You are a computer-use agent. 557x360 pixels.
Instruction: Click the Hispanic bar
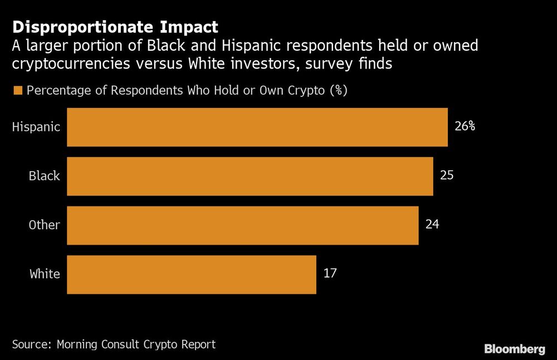tap(257, 127)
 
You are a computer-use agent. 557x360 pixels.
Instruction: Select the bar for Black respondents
tap(250, 176)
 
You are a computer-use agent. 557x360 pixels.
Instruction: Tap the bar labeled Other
tap(243, 225)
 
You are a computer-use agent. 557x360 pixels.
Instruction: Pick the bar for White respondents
tap(192, 274)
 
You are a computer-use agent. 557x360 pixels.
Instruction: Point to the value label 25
tap(447, 176)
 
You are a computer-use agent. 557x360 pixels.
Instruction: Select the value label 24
tap(432, 225)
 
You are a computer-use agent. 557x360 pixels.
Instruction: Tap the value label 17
tap(330, 274)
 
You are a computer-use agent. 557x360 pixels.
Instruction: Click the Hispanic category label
tap(36, 127)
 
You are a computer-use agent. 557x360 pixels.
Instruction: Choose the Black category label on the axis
tap(45, 176)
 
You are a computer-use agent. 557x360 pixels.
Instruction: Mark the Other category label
tap(45, 225)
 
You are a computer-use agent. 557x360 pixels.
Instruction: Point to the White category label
tap(45, 274)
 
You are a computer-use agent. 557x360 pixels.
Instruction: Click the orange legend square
tap(17, 91)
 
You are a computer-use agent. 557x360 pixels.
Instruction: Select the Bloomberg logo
tap(515, 349)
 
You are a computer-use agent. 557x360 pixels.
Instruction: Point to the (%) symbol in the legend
tap(338, 91)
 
